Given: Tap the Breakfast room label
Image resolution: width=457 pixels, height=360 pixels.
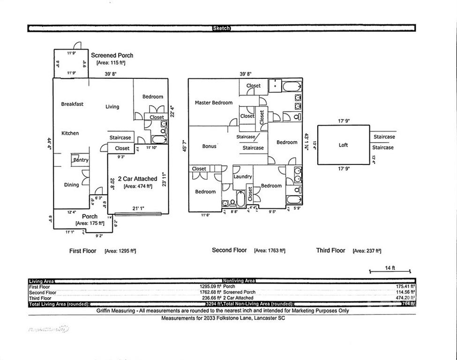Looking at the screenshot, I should [72, 104].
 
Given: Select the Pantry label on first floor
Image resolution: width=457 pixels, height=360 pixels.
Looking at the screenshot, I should [81, 160].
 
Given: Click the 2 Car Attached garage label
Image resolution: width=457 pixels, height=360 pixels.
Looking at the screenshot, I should [137, 179].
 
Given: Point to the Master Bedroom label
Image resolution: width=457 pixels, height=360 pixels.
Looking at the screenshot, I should [213, 103].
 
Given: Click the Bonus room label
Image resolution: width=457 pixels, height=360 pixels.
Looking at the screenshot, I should [209, 146].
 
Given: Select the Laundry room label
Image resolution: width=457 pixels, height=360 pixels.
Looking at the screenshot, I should [243, 177].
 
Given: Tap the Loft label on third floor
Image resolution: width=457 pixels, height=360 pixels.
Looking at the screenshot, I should [343, 145].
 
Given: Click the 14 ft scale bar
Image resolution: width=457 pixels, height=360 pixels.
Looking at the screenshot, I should [390, 270].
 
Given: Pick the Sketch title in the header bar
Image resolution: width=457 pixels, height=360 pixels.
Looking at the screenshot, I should [222, 28].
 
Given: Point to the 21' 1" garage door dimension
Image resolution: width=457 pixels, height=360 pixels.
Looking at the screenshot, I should [138, 208].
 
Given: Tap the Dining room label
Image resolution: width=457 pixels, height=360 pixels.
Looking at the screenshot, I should [71, 185].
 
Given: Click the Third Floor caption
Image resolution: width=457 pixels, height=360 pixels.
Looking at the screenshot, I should [330, 250].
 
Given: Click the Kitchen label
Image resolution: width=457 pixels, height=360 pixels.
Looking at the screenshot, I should [70, 133].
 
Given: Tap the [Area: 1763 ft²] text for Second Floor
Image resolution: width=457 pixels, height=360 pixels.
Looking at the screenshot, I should [270, 251].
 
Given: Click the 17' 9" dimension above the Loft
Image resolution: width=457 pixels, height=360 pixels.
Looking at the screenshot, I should [344, 121].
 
